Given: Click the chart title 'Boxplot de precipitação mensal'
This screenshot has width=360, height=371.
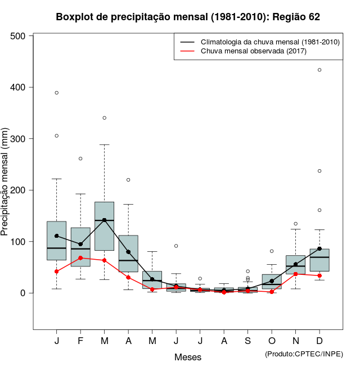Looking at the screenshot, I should [188, 17].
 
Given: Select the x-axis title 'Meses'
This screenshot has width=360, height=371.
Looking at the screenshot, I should [188, 357].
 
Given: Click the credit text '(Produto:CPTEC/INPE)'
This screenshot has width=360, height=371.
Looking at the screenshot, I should [304, 354].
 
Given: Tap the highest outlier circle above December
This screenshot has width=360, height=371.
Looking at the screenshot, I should [319, 70].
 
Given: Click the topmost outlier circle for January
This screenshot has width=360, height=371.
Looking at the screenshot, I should [57, 93].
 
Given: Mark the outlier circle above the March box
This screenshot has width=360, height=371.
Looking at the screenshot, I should [105, 118].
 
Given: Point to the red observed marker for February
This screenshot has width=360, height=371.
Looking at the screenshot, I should [80, 258].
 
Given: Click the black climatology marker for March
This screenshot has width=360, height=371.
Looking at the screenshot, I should [105, 220].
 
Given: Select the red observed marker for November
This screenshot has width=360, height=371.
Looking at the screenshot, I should [295, 274].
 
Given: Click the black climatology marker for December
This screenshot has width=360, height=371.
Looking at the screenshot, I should [319, 248].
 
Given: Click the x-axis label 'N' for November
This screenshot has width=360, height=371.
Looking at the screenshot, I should [295, 341].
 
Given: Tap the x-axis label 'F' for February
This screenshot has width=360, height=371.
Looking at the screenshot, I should [80, 341].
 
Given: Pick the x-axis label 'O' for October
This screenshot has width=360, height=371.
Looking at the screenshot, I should [272, 341].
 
